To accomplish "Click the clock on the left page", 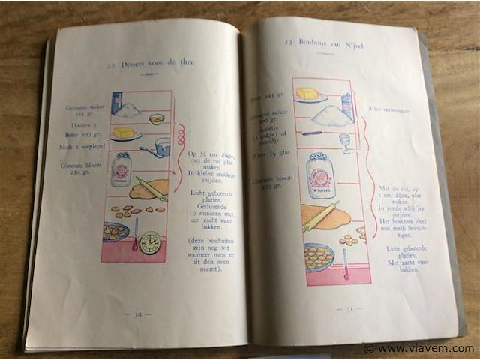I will (x=151, y=241).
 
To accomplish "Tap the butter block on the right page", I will (x=307, y=93).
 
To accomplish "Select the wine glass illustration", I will (x=344, y=142).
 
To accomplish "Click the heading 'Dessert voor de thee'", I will (x=151, y=63).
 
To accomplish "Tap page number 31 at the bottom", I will (x=349, y=308).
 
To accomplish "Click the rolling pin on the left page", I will (x=151, y=188).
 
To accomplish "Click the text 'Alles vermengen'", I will (x=388, y=109).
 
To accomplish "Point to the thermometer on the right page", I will (x=346, y=262).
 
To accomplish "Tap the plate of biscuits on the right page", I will (x=319, y=256).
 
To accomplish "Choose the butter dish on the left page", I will (x=125, y=134).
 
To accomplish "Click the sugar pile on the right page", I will (x=331, y=115).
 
